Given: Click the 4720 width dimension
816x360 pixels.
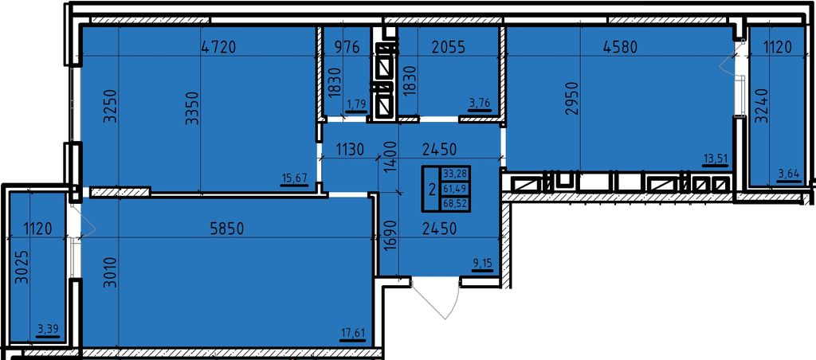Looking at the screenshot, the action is click(x=218, y=47).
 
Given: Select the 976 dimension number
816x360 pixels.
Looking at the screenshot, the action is click(x=347, y=47).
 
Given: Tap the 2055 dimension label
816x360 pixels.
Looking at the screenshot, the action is click(x=449, y=47).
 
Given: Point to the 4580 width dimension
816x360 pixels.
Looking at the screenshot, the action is click(x=620, y=47).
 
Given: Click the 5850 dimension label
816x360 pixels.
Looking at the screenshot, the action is click(x=227, y=229).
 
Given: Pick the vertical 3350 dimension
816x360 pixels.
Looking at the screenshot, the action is click(x=193, y=108).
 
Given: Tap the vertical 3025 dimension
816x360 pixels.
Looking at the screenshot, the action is click(x=22, y=268).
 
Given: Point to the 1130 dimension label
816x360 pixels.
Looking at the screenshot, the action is click(x=349, y=150).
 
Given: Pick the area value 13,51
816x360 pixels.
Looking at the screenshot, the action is click(x=715, y=159).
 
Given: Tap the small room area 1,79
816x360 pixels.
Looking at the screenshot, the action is click(x=356, y=104).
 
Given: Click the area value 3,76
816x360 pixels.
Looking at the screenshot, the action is click(x=479, y=103).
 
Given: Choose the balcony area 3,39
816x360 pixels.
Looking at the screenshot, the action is click(x=48, y=329).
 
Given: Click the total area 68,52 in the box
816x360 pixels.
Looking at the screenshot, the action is click(x=455, y=205).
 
